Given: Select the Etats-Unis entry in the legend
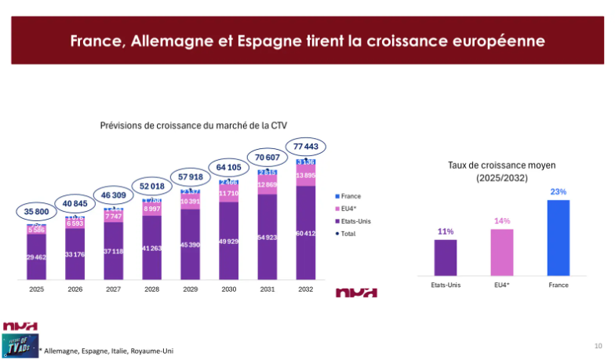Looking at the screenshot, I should (357, 221).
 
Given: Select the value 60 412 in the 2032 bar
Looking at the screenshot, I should (307, 233).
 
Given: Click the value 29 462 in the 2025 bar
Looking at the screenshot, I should (37, 257).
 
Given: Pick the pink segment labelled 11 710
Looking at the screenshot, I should (229, 193).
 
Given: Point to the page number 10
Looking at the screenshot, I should (598, 345).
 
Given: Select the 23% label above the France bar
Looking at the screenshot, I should (558, 191).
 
